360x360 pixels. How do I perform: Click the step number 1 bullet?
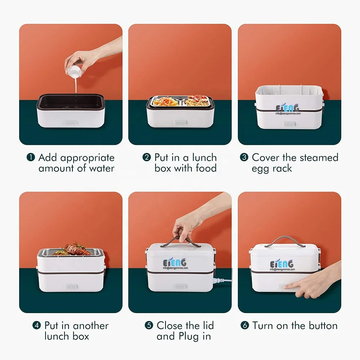31,157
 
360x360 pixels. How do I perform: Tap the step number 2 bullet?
147,157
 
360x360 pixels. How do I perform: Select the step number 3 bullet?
244,157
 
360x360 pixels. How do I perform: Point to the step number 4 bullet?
37,325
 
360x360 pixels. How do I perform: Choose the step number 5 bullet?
149,325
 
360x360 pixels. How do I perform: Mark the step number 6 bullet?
245,325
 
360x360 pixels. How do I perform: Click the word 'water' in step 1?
102,168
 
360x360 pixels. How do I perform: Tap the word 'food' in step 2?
206,168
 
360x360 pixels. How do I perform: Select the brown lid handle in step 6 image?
285,242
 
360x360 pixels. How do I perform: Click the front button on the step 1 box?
71,123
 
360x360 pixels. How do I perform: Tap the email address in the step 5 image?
175,268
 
